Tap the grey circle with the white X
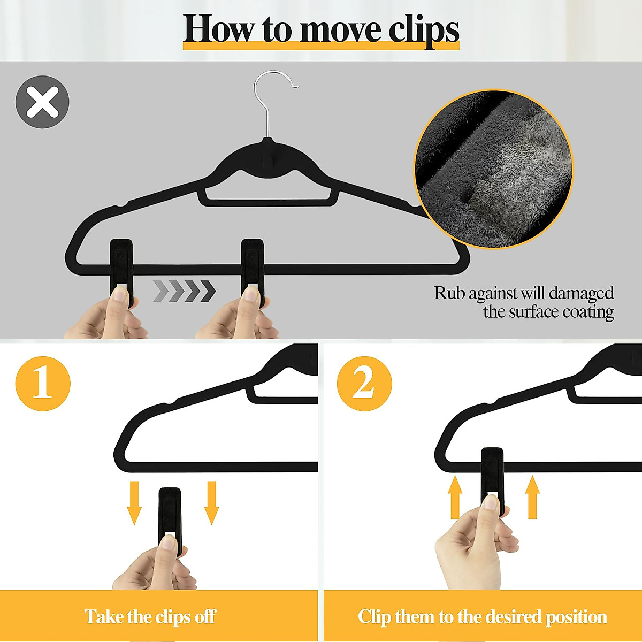42,102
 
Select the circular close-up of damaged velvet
493,169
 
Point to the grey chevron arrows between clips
184,291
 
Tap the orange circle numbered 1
43,384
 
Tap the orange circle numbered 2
364,384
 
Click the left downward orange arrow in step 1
134,503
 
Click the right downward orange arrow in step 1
212,503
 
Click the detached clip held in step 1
170,514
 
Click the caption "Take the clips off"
150,616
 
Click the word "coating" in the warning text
588,311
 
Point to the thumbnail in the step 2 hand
491,503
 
